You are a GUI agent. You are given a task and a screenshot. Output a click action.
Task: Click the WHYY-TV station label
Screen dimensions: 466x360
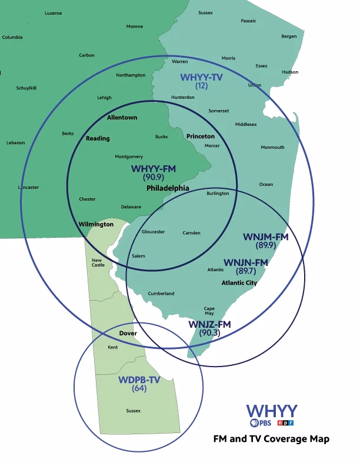(x=202, y=77)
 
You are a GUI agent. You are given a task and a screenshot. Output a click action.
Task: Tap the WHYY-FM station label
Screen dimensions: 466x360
(x=154, y=169)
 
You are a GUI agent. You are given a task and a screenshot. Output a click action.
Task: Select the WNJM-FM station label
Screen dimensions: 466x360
(x=265, y=237)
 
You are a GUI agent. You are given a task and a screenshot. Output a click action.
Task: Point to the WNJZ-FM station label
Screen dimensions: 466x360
(x=209, y=325)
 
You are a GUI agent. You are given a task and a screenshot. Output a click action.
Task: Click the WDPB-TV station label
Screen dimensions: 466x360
(x=139, y=380)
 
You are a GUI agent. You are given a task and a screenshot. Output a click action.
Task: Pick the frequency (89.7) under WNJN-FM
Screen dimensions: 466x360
(x=246, y=271)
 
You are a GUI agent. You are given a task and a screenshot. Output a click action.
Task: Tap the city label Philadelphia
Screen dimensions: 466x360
(x=168, y=188)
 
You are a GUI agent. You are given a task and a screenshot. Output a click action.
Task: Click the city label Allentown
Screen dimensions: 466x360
(x=122, y=118)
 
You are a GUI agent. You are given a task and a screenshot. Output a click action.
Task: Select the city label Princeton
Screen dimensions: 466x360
(x=201, y=137)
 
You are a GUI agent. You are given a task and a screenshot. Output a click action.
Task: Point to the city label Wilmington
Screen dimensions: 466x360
(x=96, y=224)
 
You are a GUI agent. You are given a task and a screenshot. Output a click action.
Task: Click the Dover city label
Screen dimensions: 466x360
(x=128, y=333)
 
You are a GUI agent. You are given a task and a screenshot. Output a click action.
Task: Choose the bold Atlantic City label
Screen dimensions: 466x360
(x=239, y=283)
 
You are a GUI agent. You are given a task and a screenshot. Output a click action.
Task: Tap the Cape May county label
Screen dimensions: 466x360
(x=209, y=311)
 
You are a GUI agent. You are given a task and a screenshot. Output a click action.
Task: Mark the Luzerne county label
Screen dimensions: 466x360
(x=53, y=13)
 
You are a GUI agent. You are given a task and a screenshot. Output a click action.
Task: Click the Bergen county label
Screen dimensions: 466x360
(x=289, y=36)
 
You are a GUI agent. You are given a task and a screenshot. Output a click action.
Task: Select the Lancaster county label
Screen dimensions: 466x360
(x=28, y=188)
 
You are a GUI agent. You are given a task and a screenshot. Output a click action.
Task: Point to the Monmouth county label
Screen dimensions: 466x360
(x=272, y=147)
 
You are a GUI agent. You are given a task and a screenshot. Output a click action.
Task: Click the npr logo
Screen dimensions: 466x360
(x=285, y=422)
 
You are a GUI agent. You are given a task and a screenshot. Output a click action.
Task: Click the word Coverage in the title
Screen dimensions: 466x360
(x=278, y=439)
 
